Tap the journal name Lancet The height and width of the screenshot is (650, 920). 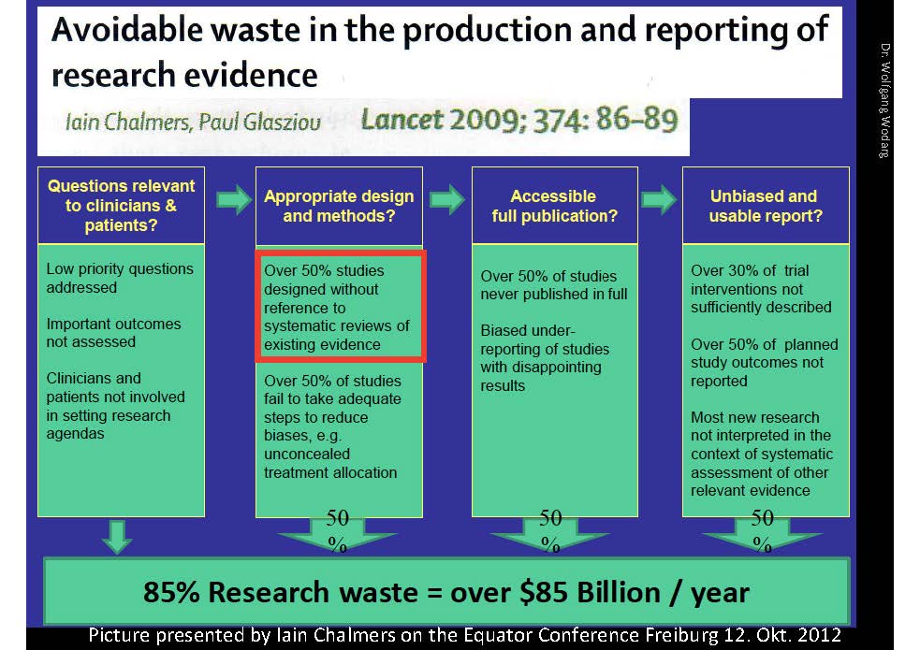click(402, 120)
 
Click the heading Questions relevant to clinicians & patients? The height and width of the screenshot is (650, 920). click(121, 206)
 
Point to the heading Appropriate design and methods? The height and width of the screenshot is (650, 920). click(339, 207)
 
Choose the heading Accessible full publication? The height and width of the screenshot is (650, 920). click(554, 207)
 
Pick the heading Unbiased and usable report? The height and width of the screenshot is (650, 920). click(765, 207)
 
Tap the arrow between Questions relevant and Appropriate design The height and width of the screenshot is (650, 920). click(234, 200)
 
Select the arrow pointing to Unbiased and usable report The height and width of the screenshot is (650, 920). click(659, 200)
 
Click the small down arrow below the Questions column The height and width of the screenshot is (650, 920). click(117, 536)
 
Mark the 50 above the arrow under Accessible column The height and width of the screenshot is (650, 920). click(550, 517)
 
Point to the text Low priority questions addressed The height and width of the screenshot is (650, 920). click(120, 278)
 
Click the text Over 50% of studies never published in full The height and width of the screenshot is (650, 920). click(554, 285)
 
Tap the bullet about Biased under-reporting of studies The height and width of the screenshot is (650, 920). click(545, 358)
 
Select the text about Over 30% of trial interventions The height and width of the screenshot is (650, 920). click(761, 289)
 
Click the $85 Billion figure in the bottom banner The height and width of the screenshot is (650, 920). click(589, 593)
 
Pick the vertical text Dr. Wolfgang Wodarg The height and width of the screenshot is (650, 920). click(884, 100)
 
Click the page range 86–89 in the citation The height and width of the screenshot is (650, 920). click(636, 119)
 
